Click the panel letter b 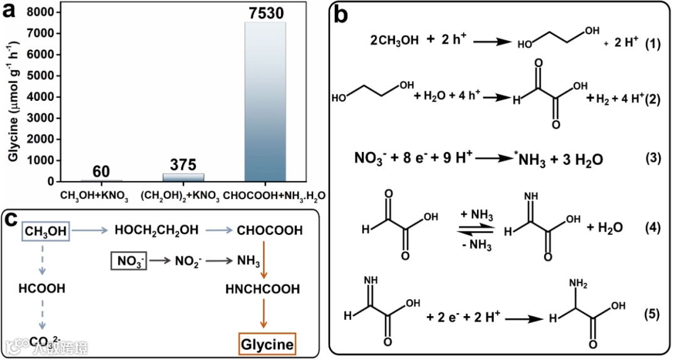click(x=341, y=14)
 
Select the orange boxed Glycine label click(x=267, y=344)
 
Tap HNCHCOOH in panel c click(x=263, y=289)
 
